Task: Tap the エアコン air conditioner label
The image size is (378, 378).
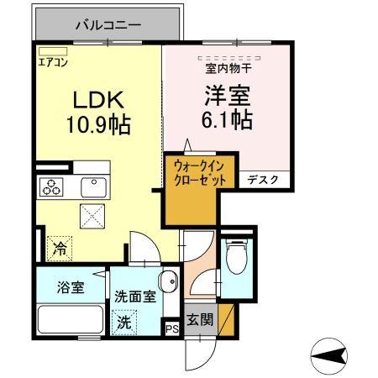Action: pos(52,62)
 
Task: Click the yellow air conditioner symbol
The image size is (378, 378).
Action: pos(47,51)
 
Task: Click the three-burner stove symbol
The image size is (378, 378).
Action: pos(51,187)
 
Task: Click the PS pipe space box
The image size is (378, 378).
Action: pos(172,329)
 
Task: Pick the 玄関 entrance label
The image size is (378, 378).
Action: pos(201,319)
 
